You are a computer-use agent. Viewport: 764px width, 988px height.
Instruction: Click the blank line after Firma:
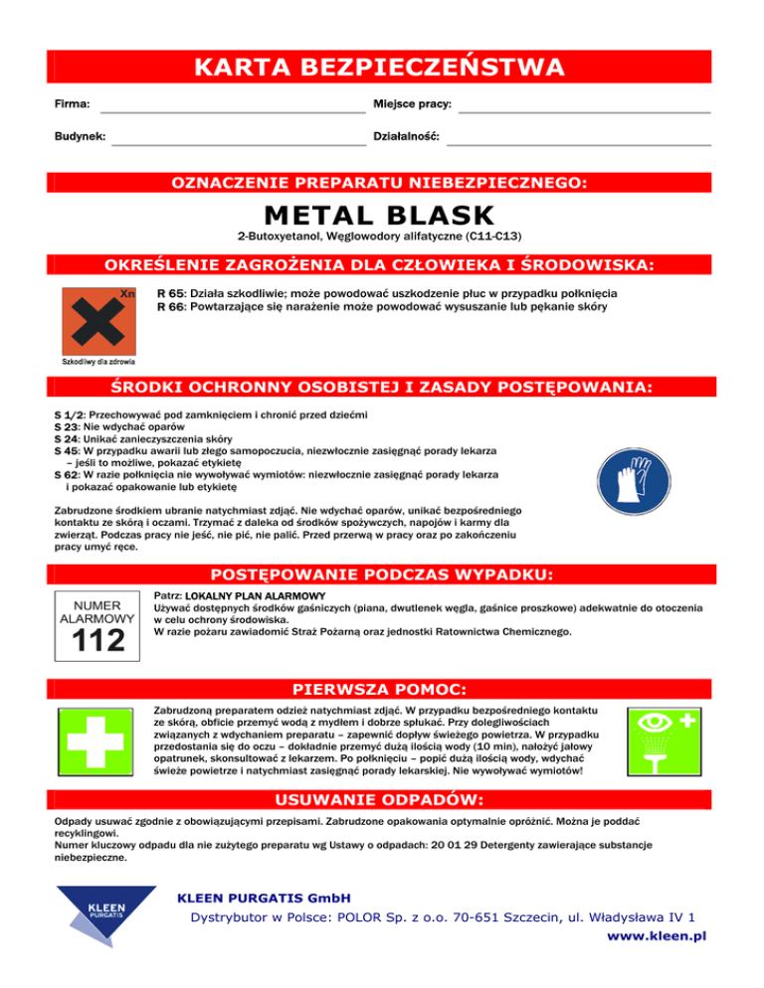pos(233,111)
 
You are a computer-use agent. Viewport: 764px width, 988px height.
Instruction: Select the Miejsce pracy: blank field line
pos(584,111)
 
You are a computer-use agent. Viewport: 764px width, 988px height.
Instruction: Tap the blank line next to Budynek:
pos(239,144)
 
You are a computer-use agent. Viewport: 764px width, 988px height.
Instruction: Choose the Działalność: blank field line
pos(578,144)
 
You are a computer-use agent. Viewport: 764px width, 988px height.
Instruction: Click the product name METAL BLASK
pos(379,215)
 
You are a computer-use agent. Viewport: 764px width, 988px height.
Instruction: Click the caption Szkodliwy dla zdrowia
pos(98,363)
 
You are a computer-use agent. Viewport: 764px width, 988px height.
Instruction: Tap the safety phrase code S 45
pos(67,450)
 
